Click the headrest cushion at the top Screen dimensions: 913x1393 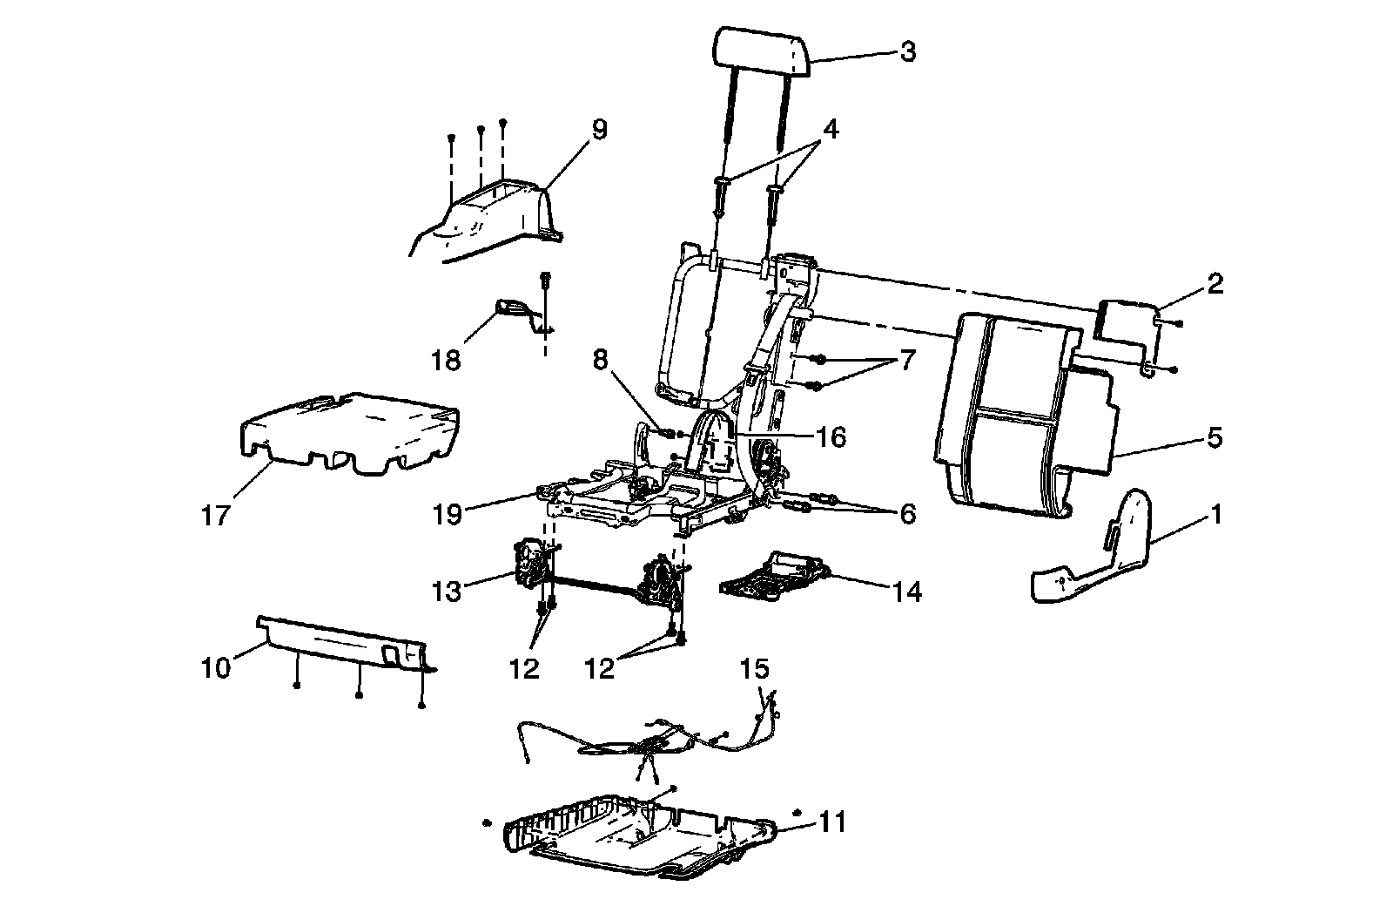(x=763, y=51)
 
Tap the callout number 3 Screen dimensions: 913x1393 (x=907, y=51)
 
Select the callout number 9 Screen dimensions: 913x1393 (x=599, y=130)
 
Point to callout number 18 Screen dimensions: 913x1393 (x=447, y=359)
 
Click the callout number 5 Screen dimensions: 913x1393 (x=1214, y=437)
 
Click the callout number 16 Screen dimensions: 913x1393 (x=832, y=436)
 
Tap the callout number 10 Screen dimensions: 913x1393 (x=216, y=668)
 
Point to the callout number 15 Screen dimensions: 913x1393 (x=755, y=669)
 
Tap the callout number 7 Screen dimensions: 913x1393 (x=907, y=361)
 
